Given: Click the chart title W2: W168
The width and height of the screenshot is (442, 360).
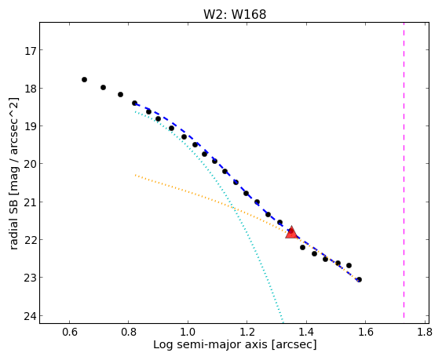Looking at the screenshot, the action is pos(235,14).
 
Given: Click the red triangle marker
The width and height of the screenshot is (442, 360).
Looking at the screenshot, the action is pos(291,233).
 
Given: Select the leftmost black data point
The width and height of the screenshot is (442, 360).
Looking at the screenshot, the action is pos(84,80).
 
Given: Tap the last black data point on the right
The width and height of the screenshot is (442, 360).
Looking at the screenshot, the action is pos(359,280).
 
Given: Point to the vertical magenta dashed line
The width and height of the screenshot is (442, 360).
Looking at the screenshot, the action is pos(404,173).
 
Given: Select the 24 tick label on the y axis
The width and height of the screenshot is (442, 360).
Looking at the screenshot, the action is pos(30,316).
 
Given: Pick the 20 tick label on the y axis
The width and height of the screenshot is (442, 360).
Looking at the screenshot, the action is pos(30,164).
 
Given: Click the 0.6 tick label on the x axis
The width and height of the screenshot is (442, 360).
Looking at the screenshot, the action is pos(70,332).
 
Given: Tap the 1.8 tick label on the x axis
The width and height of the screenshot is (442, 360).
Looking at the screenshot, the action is pos(425,332).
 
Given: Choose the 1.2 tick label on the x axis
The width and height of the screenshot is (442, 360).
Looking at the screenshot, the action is pos(247,332).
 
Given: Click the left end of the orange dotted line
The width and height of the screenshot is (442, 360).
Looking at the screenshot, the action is pos(135,175).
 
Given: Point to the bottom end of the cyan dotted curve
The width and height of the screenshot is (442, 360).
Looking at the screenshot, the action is pos(283,322).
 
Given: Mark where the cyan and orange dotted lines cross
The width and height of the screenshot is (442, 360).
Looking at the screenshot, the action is pos(233,208).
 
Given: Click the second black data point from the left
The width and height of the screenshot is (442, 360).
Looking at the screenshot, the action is pos(103,88).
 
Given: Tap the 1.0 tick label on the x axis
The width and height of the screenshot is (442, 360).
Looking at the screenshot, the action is pos(188,332).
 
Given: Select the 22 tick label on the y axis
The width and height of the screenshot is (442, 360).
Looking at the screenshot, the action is pos(30,240).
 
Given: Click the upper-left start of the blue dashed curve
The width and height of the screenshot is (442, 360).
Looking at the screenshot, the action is pos(136,104).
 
